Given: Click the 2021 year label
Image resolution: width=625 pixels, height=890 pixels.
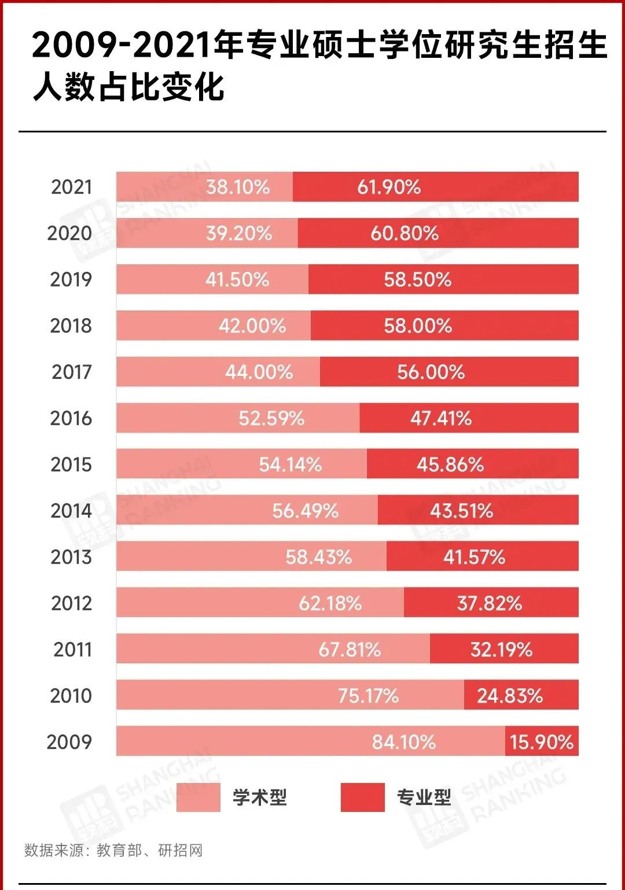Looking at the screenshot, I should [71, 187].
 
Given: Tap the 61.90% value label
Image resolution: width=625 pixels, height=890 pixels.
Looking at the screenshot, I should [389, 187].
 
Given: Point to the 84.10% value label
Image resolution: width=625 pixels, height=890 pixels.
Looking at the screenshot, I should [403, 742].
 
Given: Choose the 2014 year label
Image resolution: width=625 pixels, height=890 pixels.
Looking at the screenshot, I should [71, 511].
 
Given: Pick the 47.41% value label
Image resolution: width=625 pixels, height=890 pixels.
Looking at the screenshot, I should [441, 418].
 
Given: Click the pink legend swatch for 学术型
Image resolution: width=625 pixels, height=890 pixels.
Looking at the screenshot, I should [198, 797].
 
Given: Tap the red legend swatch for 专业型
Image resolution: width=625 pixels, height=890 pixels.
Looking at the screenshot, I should [362, 797].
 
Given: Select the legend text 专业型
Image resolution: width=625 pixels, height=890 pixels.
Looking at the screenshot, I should [424, 797].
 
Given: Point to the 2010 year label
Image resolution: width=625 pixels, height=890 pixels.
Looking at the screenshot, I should [71, 696].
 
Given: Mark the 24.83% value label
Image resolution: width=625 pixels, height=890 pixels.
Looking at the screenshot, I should [510, 696].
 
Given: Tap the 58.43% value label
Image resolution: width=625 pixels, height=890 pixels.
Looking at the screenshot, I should [318, 557].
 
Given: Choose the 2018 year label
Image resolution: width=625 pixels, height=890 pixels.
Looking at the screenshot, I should [71, 326].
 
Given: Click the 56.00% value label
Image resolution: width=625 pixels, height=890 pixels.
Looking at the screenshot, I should [431, 372].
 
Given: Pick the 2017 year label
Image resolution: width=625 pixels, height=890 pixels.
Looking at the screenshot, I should [72, 372].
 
